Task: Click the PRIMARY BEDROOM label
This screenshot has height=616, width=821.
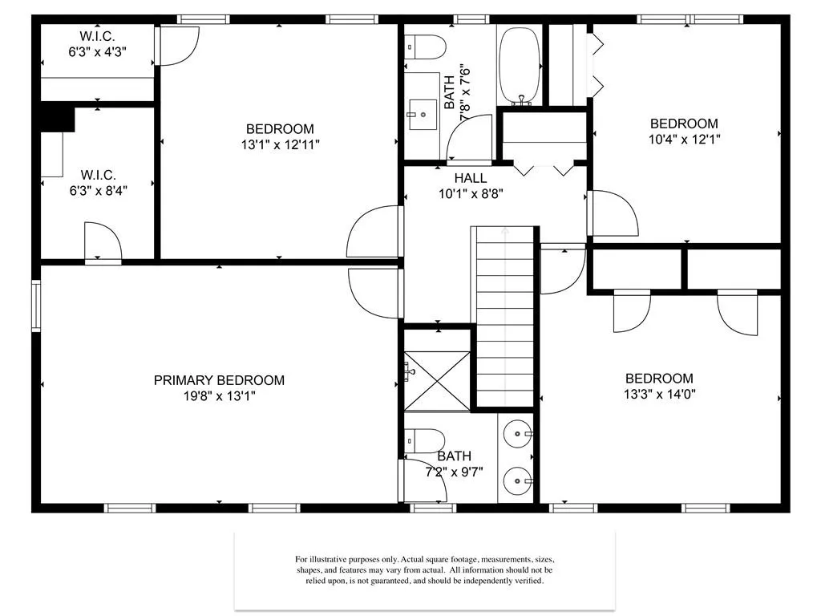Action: tap(219, 380)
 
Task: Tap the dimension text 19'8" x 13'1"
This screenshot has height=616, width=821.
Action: tap(219, 396)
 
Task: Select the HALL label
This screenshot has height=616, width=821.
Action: tap(471, 178)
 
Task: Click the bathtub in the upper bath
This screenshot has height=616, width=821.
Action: tap(520, 66)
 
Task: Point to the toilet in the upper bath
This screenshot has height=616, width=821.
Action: tap(425, 47)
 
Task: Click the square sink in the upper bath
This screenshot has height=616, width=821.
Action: tap(422, 114)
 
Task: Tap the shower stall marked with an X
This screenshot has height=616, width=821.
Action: tap(437, 381)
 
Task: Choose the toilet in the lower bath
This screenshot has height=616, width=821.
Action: tap(425, 441)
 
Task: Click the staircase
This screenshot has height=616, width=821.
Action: tap(505, 316)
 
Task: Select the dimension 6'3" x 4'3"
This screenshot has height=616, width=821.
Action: tap(97, 52)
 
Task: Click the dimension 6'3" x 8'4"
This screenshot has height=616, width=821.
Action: tap(99, 191)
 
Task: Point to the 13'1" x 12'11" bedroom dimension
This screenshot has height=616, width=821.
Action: tap(280, 144)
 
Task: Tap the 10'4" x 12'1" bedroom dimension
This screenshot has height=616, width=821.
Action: tap(685, 140)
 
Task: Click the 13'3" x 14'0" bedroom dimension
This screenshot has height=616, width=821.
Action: tap(659, 394)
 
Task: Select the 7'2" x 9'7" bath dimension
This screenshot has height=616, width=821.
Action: tap(454, 472)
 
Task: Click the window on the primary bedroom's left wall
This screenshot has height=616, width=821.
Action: tap(36, 306)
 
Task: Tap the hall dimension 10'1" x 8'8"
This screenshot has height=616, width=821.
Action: tap(471, 194)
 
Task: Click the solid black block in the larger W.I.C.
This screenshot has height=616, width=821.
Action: tap(58, 117)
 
